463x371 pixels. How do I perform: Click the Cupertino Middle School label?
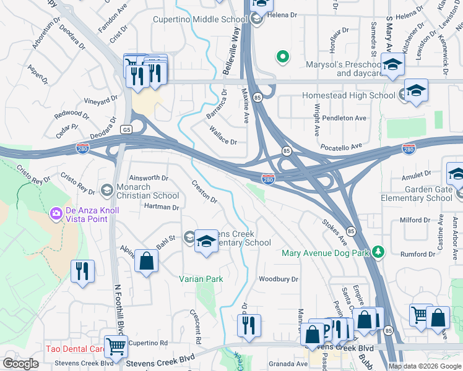[x=200, y=19]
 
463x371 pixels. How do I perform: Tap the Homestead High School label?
[x=348, y=95]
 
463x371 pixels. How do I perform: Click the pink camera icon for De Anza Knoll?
[x=56, y=214]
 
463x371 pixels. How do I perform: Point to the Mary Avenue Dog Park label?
[x=325, y=253]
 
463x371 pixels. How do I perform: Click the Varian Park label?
[x=201, y=279]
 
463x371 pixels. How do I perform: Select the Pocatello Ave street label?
[x=340, y=147]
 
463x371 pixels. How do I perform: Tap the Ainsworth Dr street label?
[x=149, y=177]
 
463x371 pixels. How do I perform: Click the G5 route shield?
[x=127, y=129]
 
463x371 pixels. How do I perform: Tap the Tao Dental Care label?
[x=74, y=349]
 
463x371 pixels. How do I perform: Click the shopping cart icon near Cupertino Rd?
[x=115, y=346]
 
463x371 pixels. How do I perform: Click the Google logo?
[x=20, y=363]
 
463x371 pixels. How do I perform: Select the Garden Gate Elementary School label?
[x=420, y=194]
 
